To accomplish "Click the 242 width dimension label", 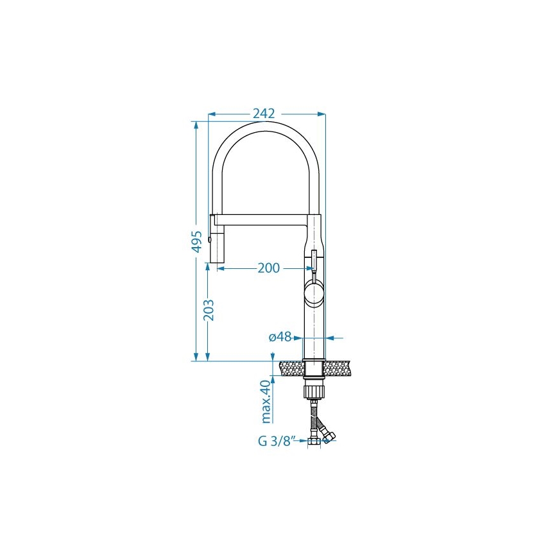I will click(263, 114).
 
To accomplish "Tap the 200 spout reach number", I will click(268, 268).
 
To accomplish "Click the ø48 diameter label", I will click(280, 337).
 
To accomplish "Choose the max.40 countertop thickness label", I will click(266, 401).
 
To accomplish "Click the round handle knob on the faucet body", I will click(314, 293).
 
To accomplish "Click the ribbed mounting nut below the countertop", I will click(314, 391).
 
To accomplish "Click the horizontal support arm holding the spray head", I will click(263, 219).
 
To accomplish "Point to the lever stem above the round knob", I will click(314, 260).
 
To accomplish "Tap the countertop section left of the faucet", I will click(291, 368).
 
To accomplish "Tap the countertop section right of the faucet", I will click(339, 368).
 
